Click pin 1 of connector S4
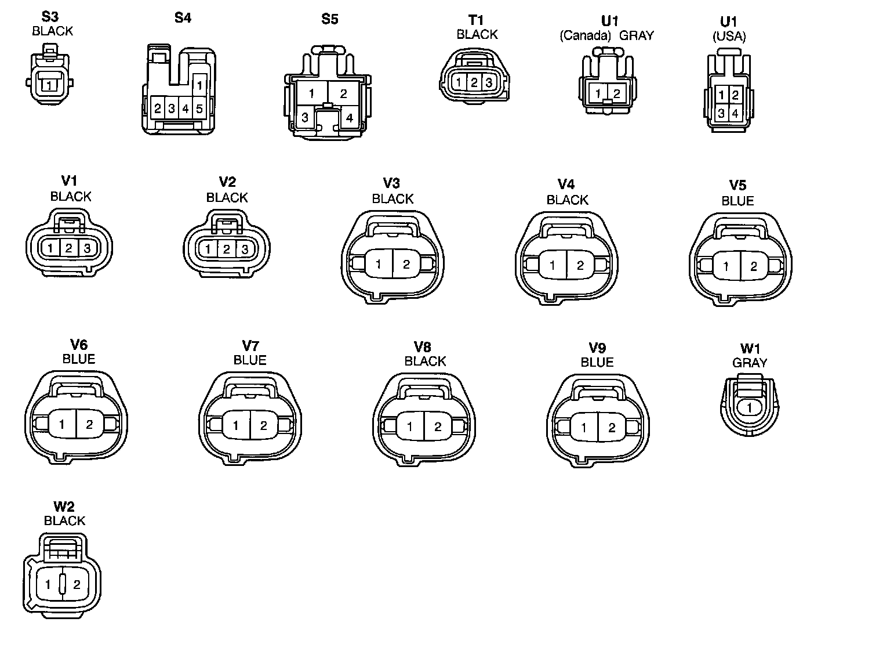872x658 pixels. [x=199, y=85]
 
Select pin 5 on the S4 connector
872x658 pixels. [x=199, y=109]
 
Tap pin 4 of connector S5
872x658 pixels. [x=349, y=118]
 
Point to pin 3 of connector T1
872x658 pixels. [x=489, y=83]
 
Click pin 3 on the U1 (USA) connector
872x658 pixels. [x=721, y=113]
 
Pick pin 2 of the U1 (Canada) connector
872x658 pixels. [x=617, y=93]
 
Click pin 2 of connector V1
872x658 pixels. [x=69, y=248]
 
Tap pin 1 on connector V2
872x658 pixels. [x=208, y=250]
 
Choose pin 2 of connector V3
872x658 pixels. [x=406, y=265]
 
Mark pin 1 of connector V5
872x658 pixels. [x=726, y=266]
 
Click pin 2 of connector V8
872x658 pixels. [x=438, y=427]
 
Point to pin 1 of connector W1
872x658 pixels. [x=749, y=407]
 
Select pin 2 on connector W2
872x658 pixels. [x=77, y=585]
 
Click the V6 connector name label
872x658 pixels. [x=78, y=345]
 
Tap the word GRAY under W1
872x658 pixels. [x=750, y=363]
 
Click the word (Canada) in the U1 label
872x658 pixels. [x=585, y=35]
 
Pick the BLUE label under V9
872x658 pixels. [x=597, y=362]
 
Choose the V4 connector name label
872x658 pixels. [x=566, y=184]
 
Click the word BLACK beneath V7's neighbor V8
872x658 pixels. [x=425, y=361]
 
